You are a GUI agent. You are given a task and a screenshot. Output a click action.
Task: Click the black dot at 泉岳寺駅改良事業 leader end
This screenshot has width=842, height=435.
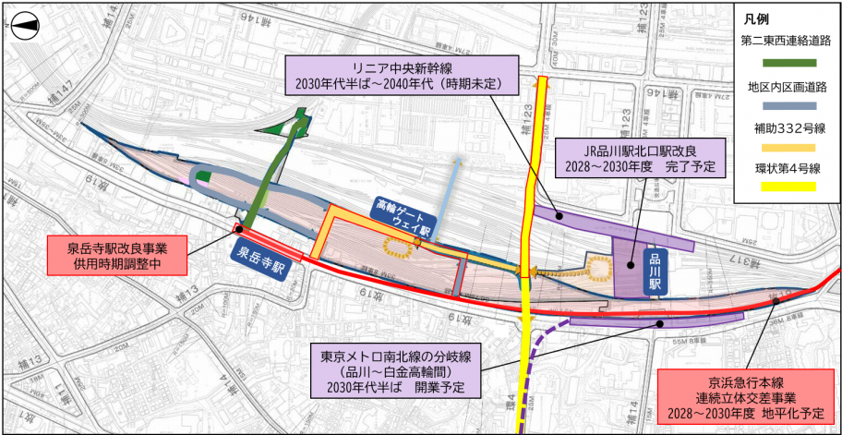238,230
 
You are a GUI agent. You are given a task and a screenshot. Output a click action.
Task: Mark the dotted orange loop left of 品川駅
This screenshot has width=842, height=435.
598,270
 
